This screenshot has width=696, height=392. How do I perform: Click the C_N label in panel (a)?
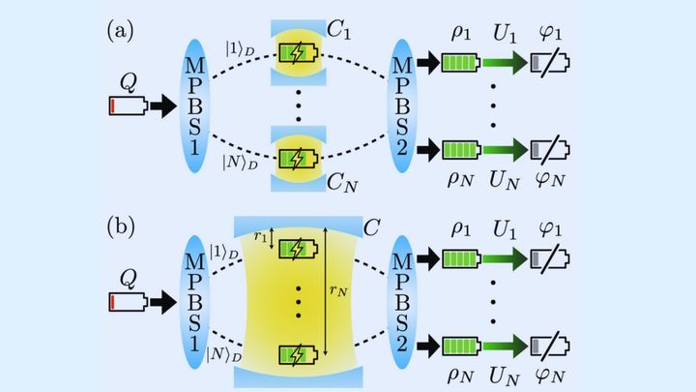(338, 178)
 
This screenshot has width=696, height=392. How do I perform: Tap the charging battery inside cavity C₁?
(300, 53)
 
